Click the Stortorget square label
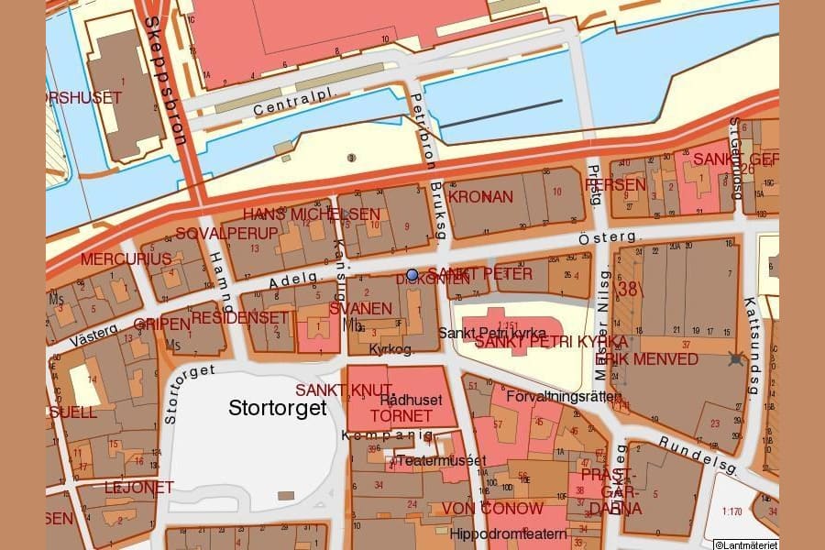[277, 408]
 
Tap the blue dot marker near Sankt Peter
[412, 274]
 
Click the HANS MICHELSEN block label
[311, 214]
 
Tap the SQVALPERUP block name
[214, 233]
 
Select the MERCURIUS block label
[126, 259]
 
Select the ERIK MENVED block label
[652, 358]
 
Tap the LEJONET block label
[138, 487]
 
